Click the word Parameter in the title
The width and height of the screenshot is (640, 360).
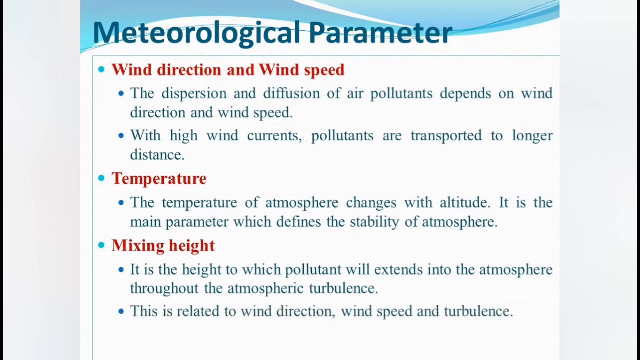point(380,33)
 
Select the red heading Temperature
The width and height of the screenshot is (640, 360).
point(159,179)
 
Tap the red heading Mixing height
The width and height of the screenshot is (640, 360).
point(163,245)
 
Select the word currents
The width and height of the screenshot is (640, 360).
point(274,136)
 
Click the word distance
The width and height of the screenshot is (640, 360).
point(157,155)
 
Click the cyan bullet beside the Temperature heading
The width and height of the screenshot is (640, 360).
point(102,178)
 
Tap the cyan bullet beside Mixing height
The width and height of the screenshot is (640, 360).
point(102,245)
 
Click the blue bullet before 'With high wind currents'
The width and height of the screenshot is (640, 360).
point(121,135)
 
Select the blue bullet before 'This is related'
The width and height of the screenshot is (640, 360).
point(121,311)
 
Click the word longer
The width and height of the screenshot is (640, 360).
point(532,136)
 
